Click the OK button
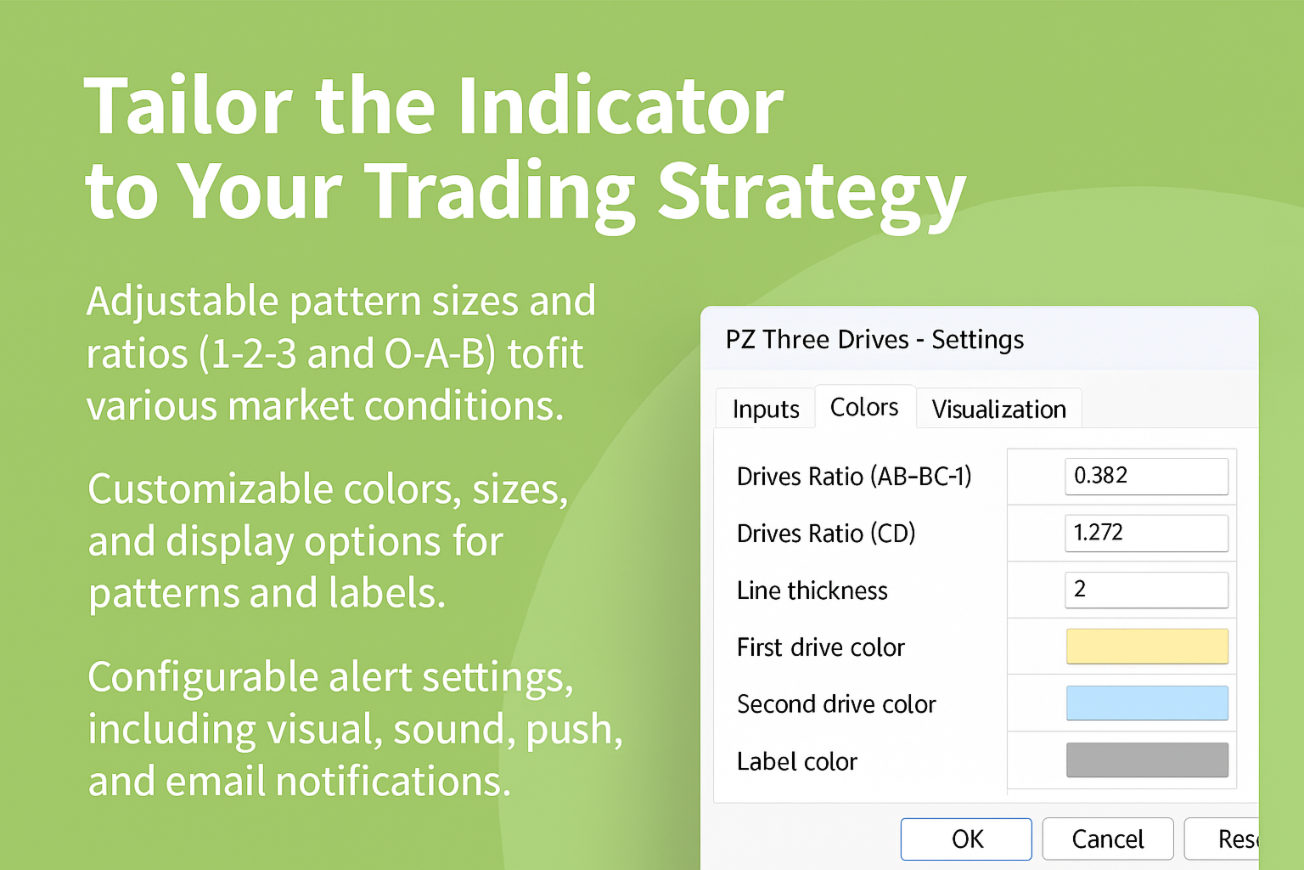click(966, 839)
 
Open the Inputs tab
click(766, 409)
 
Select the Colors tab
click(864, 407)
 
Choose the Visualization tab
click(999, 409)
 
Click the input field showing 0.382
click(1147, 476)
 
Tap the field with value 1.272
click(1147, 533)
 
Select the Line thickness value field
click(1147, 590)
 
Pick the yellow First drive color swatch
click(1148, 647)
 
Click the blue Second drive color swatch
click(1148, 703)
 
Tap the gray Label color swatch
click(1148, 760)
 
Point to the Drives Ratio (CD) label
click(826, 534)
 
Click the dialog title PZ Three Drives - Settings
click(874, 340)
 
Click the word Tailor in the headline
click(188, 106)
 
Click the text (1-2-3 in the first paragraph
click(248, 353)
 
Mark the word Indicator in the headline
click(621, 105)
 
